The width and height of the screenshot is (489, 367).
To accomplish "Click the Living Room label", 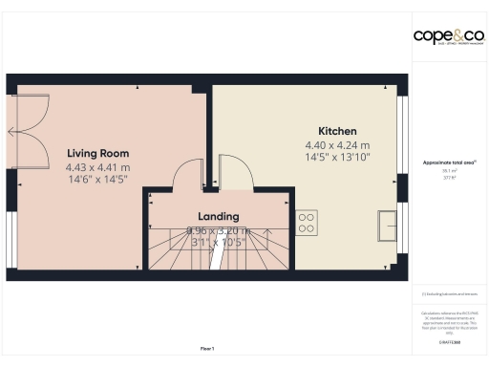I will [x=98, y=152].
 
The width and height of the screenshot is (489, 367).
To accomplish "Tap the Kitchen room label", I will [x=337, y=131].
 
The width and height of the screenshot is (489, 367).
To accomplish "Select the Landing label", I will [x=218, y=216].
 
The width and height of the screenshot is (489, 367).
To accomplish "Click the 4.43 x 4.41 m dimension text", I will [x=98, y=167].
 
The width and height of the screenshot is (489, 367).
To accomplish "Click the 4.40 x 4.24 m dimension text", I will [x=337, y=145].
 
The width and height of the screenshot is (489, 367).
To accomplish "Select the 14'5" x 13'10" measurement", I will [x=337, y=157].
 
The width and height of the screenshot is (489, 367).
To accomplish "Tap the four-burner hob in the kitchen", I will [x=307, y=223].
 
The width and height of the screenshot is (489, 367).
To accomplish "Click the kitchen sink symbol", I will [x=388, y=226].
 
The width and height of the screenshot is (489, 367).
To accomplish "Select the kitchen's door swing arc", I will [x=236, y=172].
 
